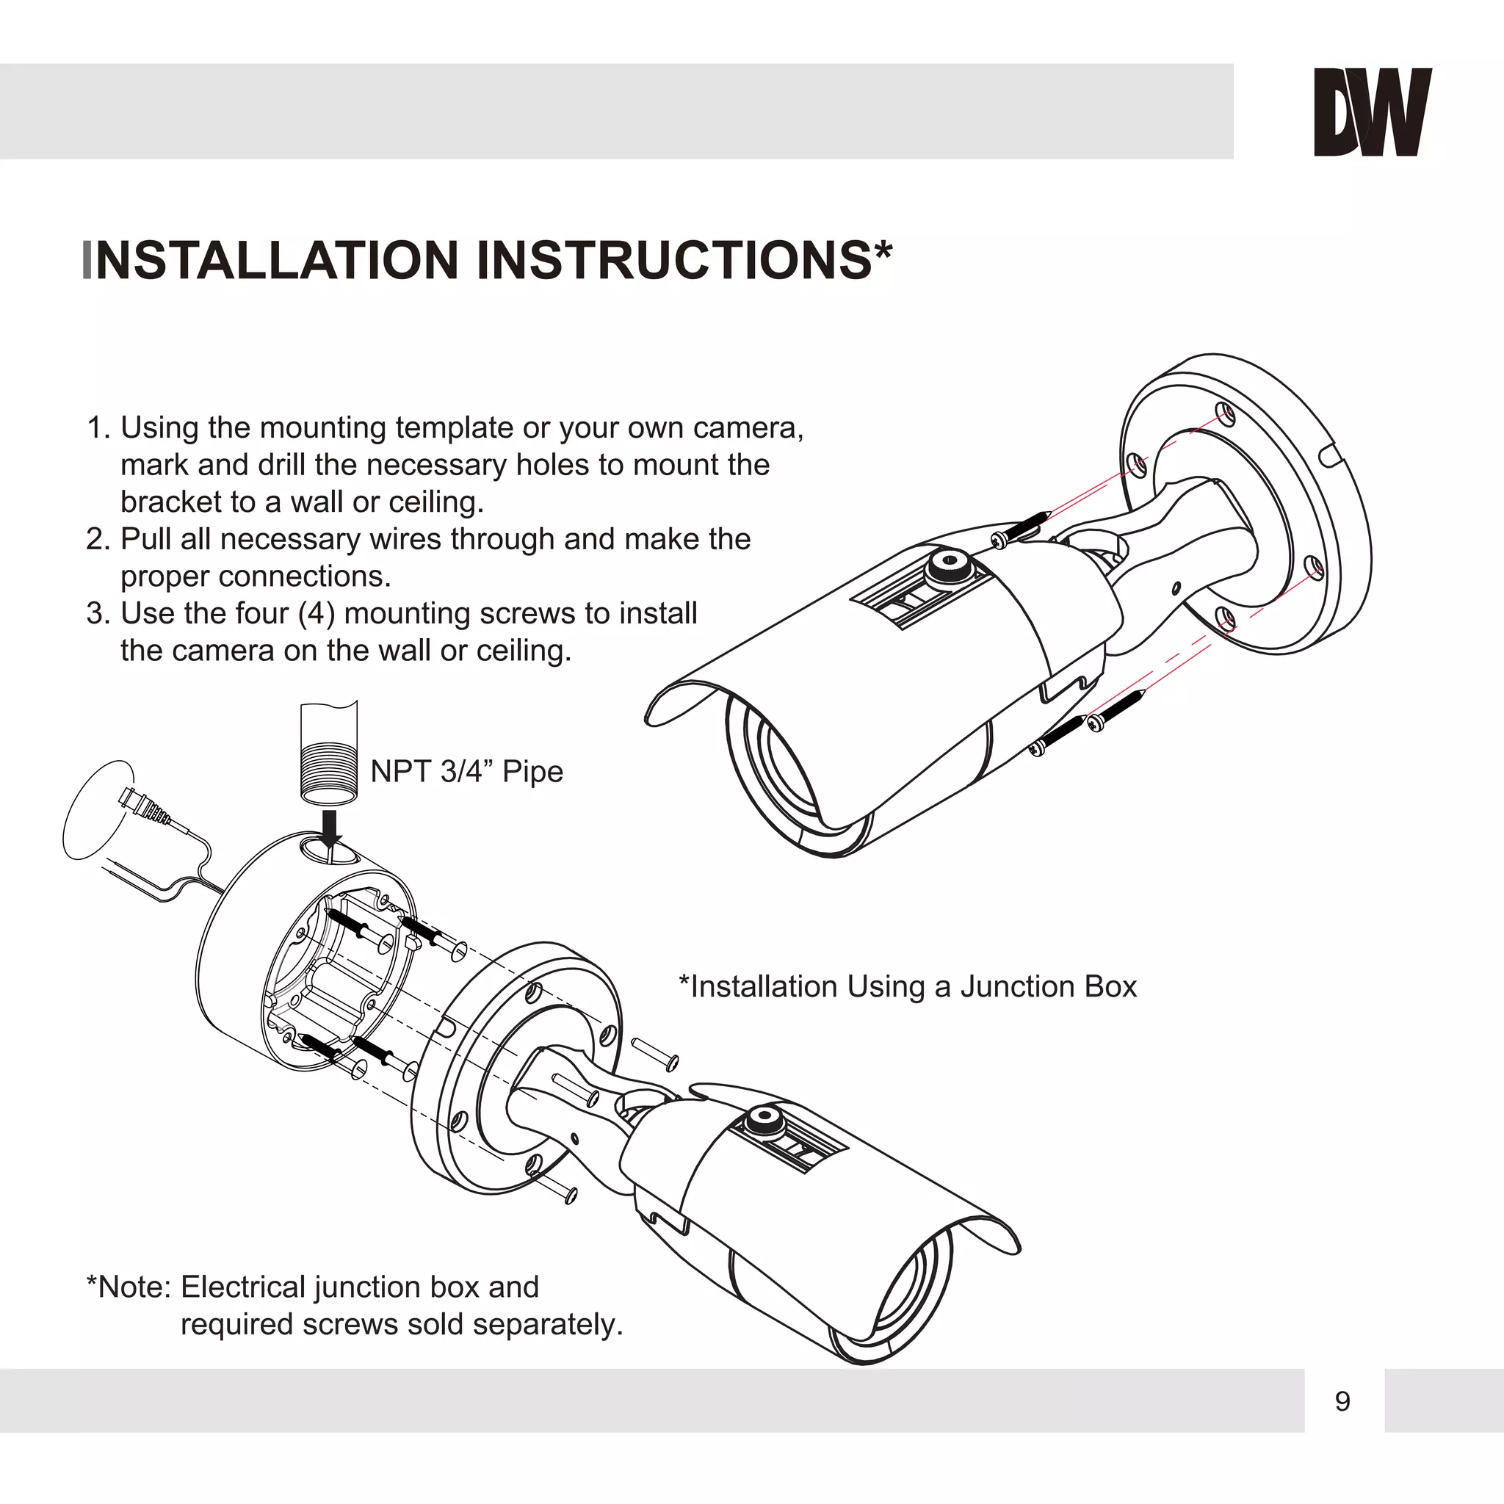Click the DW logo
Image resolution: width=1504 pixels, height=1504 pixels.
[x=1373, y=112]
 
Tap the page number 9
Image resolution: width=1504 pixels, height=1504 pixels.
[x=1342, y=1401]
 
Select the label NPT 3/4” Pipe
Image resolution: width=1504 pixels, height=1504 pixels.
[x=466, y=772]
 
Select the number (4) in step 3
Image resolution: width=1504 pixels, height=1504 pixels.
[x=316, y=613]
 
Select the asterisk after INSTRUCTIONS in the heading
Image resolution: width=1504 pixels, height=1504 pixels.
[x=883, y=250]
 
